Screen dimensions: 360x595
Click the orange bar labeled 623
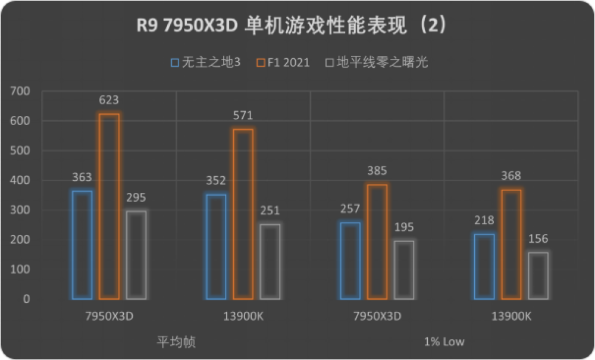[109, 206]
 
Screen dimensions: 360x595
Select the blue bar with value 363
[82, 245]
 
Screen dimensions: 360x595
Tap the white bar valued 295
[136, 255]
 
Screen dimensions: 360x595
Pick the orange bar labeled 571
[243, 214]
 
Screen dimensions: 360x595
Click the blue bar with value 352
[216, 246]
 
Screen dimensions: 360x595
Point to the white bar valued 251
[270, 261]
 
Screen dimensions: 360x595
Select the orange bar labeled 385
[377, 241]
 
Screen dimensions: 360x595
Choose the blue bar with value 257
[350, 260]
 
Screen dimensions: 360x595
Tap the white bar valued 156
[538, 276]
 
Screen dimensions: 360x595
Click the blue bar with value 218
[484, 266]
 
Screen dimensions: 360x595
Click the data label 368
[511, 176]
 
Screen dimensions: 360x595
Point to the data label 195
[404, 227]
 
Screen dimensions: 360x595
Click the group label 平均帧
[176, 342]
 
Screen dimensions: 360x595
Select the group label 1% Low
[444, 342]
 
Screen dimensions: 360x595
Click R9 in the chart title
[147, 27]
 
